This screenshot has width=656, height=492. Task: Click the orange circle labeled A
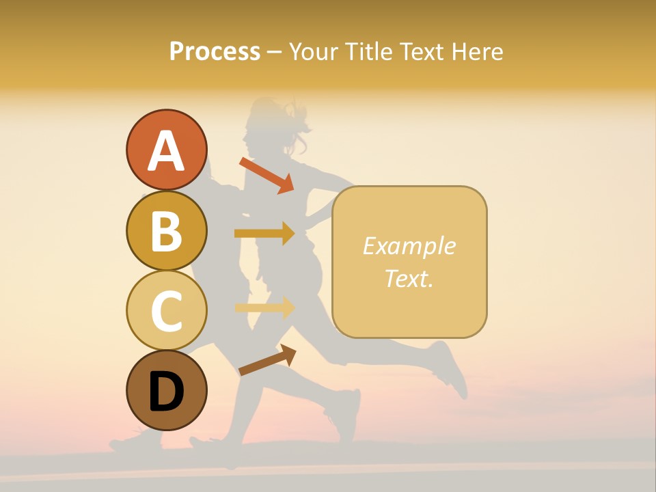click(166, 150)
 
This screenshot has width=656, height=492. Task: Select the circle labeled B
click(166, 230)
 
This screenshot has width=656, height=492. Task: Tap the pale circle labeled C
click(166, 310)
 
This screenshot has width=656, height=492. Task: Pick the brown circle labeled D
click(166, 390)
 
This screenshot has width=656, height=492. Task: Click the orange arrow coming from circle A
click(266, 175)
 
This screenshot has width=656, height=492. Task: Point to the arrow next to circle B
click(264, 234)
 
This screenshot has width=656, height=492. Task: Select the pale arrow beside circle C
click(264, 307)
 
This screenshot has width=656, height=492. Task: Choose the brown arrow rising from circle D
click(267, 360)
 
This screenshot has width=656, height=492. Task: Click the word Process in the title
click(215, 52)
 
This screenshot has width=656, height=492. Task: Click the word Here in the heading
click(478, 52)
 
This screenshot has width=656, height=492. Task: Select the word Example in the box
click(409, 246)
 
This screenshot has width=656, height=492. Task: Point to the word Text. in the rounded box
click(409, 278)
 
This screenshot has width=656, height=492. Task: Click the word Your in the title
click(313, 52)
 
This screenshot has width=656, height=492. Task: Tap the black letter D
click(166, 392)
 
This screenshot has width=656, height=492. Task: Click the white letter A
click(166, 151)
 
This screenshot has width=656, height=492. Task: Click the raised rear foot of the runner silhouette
click(451, 369)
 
